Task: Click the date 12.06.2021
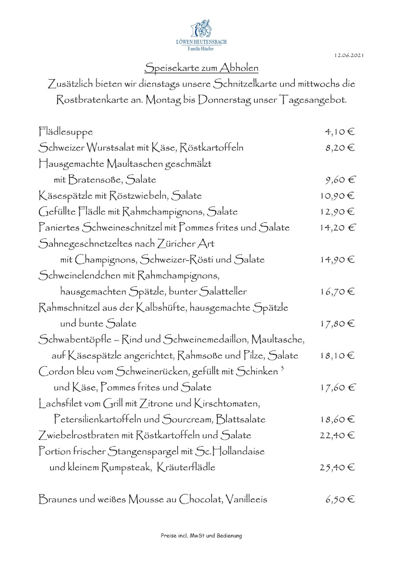(349, 56)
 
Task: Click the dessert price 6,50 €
(340, 499)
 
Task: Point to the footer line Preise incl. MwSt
(201, 536)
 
